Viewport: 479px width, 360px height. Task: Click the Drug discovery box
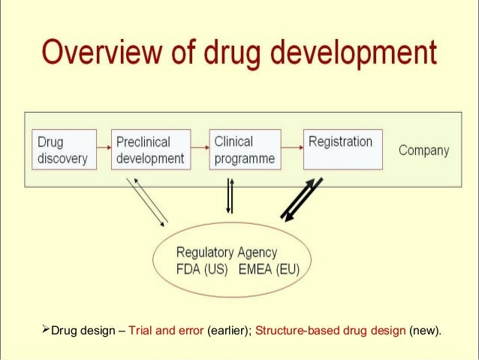(x=64, y=149)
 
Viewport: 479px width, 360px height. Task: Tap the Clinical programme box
(x=245, y=149)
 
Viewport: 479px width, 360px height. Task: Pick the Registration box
(x=342, y=149)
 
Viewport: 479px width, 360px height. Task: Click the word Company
(x=423, y=150)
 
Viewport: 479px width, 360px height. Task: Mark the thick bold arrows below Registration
(x=302, y=199)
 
